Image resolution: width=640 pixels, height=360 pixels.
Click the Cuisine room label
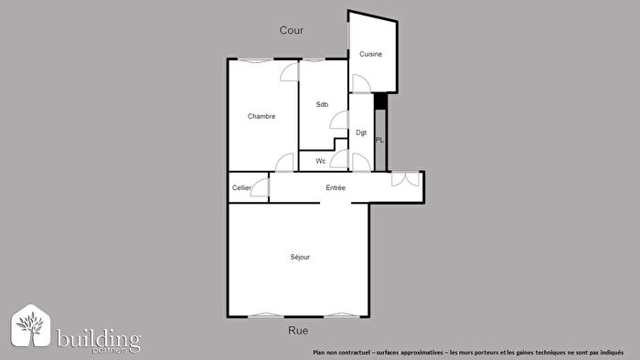pyautogui.click(x=370, y=55)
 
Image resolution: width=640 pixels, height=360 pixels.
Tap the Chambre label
pyautogui.click(x=261, y=117)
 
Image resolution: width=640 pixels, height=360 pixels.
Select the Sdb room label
pyautogui.click(x=322, y=104)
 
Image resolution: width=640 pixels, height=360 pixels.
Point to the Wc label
pyautogui.click(x=321, y=162)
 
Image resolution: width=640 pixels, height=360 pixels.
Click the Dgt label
pyautogui.click(x=361, y=133)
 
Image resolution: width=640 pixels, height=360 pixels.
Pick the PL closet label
pyautogui.click(x=379, y=140)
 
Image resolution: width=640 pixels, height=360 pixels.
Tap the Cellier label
pyautogui.click(x=241, y=188)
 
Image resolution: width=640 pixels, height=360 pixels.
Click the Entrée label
pyautogui.click(x=336, y=188)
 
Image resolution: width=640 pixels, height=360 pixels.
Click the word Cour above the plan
pyautogui.click(x=292, y=30)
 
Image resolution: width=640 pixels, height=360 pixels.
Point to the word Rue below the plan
pyautogui.click(x=298, y=331)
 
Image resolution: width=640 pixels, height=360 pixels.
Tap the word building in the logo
pyautogui.click(x=99, y=339)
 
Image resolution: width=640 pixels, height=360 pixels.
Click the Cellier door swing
pyautogui.click(x=261, y=188)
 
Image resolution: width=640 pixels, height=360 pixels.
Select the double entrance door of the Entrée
pyautogui.click(x=405, y=179)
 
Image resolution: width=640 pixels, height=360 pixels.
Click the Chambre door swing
pyautogui.click(x=290, y=72)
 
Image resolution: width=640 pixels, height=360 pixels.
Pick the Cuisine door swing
pyautogui.click(x=360, y=84)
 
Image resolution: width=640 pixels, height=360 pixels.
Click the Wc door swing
pyautogui.click(x=338, y=161)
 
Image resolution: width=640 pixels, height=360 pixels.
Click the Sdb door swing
pyautogui.click(x=339, y=120)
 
